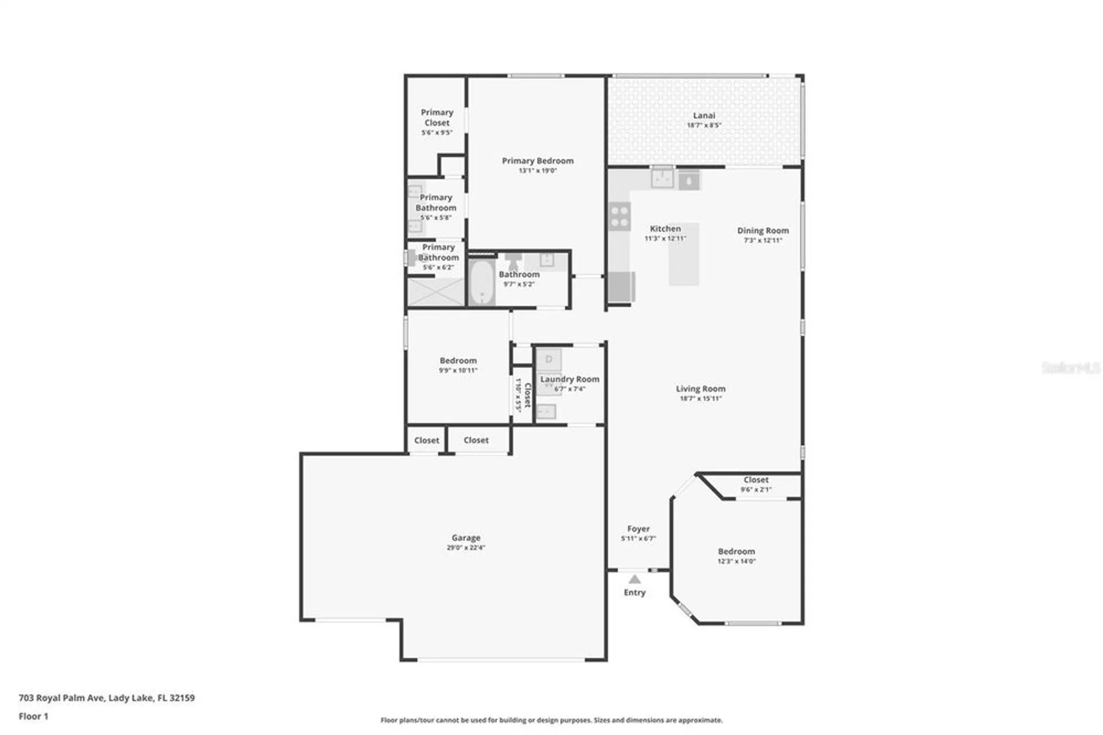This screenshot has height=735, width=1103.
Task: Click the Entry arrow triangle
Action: coord(634,579)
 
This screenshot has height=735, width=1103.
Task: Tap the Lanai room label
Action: coord(704,115)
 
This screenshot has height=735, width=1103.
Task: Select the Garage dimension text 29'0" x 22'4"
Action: coord(465,547)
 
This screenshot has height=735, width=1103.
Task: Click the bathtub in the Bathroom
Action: coord(482,282)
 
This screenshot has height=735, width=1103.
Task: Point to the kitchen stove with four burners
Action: coord(619,216)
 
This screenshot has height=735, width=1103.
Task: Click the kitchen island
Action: coord(684,254)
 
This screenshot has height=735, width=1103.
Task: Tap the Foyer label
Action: coord(638,529)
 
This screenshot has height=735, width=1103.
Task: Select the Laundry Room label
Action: coord(569,379)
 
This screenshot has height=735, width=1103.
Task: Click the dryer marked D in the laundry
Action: coord(549,360)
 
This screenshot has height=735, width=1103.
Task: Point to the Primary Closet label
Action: coord(437,117)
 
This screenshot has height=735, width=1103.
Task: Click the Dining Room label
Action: coord(763,230)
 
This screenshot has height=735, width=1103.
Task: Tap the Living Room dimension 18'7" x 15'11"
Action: coord(700,398)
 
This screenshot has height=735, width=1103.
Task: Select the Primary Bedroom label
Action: coord(537,161)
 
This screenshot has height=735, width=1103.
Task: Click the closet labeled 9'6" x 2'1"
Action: coord(756,484)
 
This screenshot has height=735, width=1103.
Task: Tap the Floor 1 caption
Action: coord(34,716)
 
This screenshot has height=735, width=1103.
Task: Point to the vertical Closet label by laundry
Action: coord(527,395)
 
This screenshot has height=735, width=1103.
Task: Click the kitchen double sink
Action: coord(662,178)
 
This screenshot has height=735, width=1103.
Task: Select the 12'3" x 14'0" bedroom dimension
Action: coord(736,561)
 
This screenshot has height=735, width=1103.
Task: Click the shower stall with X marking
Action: coord(436,292)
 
